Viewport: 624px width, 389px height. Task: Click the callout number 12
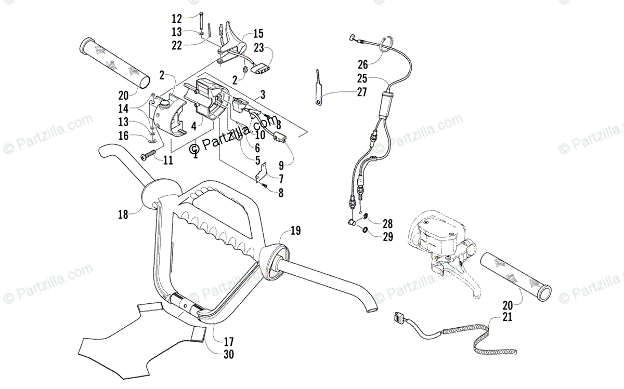coord(177,19)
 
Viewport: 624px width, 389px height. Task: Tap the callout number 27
coord(362,92)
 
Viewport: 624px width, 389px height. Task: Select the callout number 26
coord(362,64)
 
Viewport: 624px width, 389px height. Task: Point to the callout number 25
coord(362,78)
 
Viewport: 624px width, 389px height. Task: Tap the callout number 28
coord(387,224)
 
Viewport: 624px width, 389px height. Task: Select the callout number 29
coord(387,237)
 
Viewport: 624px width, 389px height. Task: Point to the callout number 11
coord(167,160)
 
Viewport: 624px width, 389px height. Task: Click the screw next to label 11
coord(148,155)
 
